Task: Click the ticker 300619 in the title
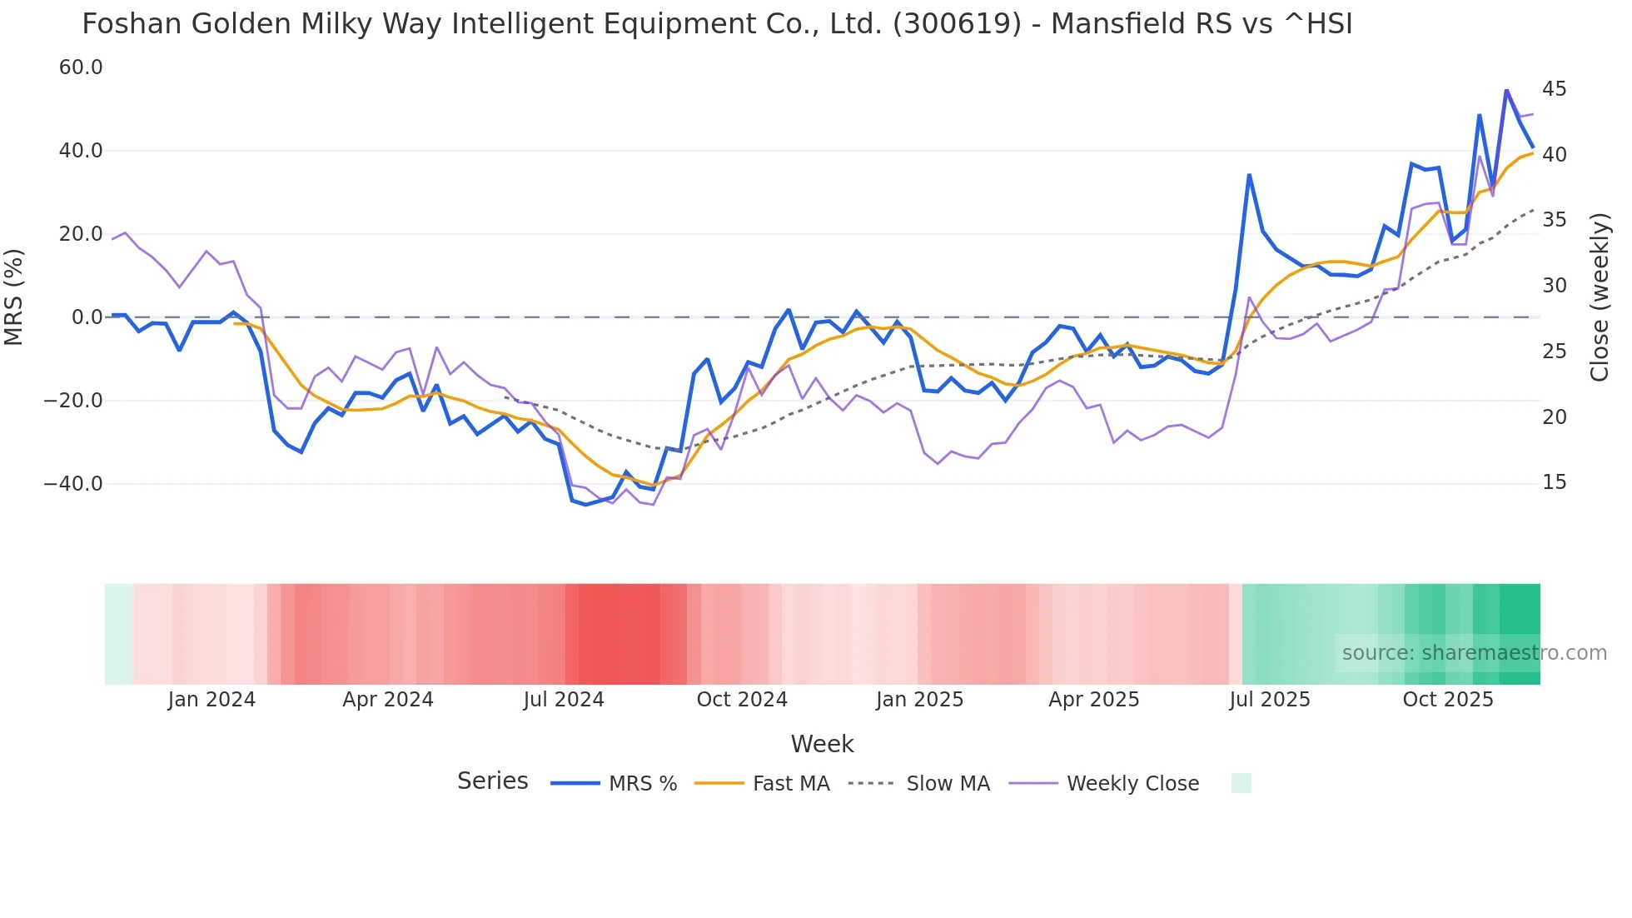tap(957, 24)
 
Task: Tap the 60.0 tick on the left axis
tap(81, 67)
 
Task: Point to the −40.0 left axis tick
tap(73, 484)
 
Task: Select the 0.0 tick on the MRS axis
tap(87, 317)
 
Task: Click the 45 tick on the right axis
tap(1554, 89)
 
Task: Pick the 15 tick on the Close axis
tap(1554, 482)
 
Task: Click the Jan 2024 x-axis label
tap(211, 700)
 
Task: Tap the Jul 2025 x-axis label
tap(1269, 700)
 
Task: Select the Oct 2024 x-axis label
tap(741, 700)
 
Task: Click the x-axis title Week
tap(822, 744)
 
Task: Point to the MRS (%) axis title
tap(14, 297)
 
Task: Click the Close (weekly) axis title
tap(1599, 297)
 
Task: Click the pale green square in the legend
tap(1241, 783)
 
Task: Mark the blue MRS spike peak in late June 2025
tap(1249, 175)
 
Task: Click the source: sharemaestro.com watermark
tap(1474, 653)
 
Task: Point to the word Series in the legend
tap(492, 781)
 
